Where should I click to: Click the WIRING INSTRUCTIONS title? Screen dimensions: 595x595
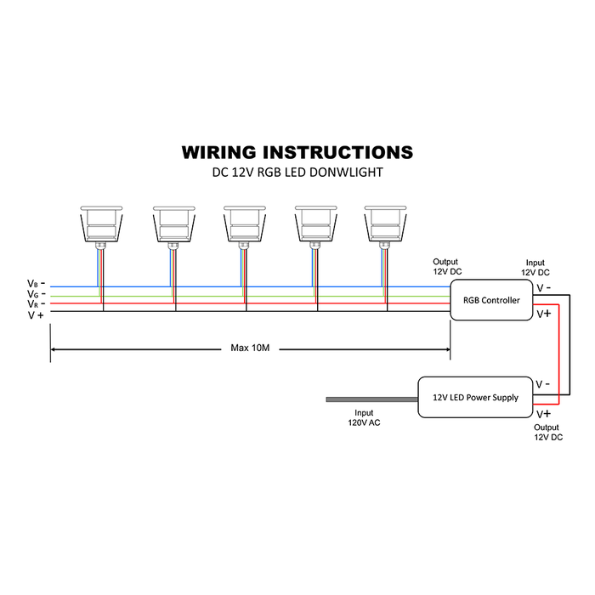[297, 152]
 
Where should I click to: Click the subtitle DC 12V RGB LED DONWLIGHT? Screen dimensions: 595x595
[297, 173]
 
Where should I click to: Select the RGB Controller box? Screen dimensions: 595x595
[490, 300]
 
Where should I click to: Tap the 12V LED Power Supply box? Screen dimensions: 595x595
[475, 397]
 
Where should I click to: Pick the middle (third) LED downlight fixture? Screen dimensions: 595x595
[245, 223]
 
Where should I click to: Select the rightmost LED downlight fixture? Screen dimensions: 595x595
[387, 223]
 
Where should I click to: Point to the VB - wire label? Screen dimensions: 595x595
[37, 283]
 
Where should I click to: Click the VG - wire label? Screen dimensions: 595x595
[37, 293]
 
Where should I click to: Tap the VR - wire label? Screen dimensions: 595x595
[37, 303]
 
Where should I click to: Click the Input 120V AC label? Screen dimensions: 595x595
[363, 416]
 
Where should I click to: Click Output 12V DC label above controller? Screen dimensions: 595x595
[445, 266]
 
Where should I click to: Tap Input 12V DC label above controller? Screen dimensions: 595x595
[536, 268]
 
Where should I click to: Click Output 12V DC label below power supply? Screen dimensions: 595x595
[548, 432]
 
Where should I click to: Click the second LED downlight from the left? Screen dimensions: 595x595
[173, 223]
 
